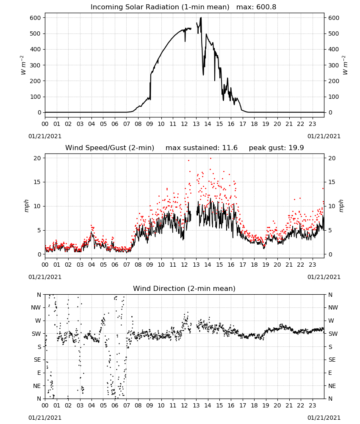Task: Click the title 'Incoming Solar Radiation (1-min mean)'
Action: [160, 7]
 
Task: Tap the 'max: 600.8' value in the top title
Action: [256, 7]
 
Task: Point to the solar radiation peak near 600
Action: [201, 18]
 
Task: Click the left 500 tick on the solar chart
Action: [36, 33]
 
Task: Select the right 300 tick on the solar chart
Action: [334, 65]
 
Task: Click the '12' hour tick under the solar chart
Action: [184, 124]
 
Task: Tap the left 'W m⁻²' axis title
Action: [23, 65]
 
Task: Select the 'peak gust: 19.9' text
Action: [276, 148]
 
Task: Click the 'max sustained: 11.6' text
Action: [202, 148]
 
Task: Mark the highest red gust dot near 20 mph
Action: [210, 159]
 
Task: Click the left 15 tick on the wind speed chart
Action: [38, 182]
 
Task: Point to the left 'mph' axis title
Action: [26, 206]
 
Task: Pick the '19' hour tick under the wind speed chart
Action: [266, 265]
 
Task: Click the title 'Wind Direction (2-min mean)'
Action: [184, 288]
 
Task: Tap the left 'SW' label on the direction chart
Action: [36, 334]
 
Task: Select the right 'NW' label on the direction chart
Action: [333, 307]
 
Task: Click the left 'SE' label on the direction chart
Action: [37, 360]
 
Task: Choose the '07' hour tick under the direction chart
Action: [126, 405]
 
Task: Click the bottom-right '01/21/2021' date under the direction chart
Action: [324, 418]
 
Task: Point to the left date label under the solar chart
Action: [45, 136]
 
